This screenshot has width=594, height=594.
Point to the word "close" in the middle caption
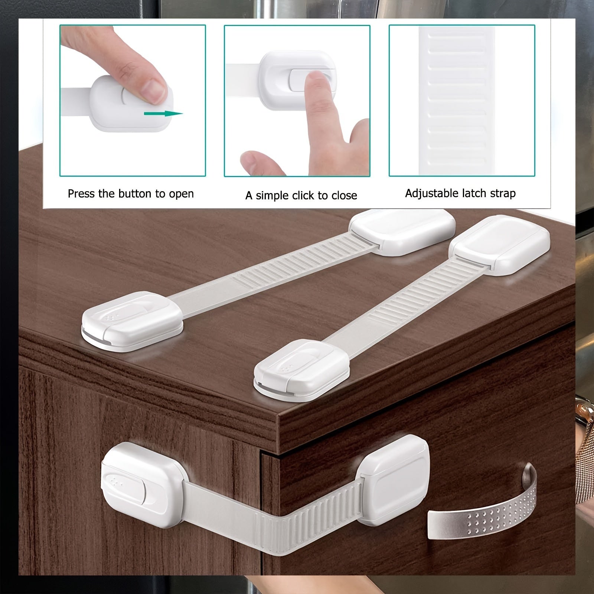coord(344,195)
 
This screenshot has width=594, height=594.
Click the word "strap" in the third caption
coord(502,194)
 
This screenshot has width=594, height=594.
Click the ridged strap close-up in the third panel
coord(457,100)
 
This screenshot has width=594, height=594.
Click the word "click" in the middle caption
coord(304,196)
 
